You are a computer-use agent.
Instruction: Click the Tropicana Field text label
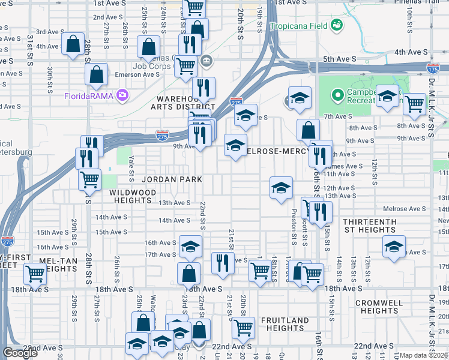pos(298,26)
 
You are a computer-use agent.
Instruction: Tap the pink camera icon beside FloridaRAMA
pos(123,95)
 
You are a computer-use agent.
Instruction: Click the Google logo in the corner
pos(20,353)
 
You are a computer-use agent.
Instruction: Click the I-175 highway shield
pos(432,69)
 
